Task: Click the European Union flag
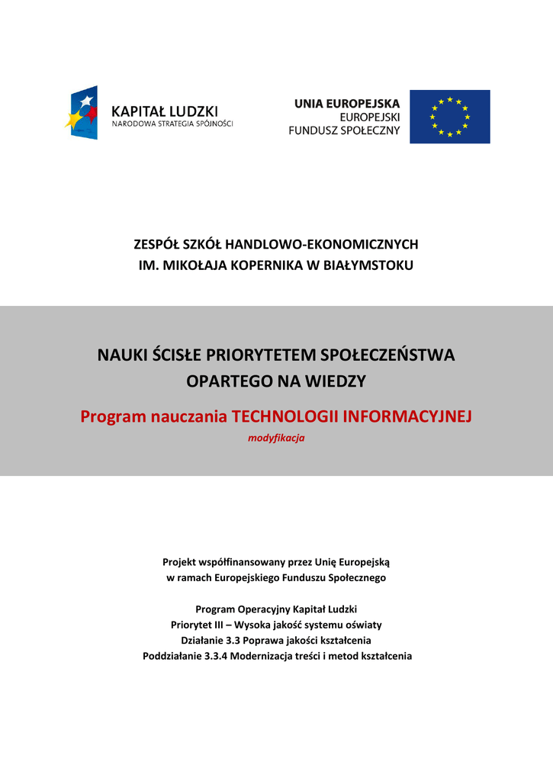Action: pyautogui.click(x=449, y=117)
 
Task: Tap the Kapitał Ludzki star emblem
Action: pyautogui.click(x=82, y=112)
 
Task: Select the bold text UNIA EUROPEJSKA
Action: pyautogui.click(x=347, y=104)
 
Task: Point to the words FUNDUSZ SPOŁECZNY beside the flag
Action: pyautogui.click(x=344, y=130)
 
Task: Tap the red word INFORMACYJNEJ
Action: pyautogui.click(x=408, y=416)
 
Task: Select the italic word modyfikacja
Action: pyautogui.click(x=276, y=438)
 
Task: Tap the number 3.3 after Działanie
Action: pyautogui.click(x=233, y=640)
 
